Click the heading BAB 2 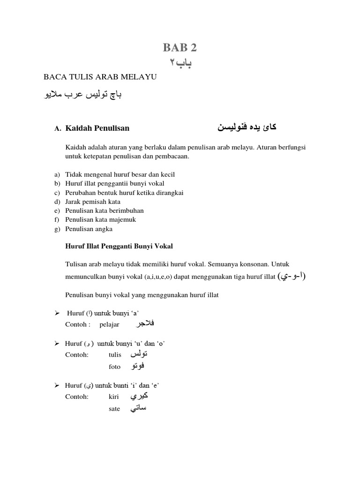tap(180, 47)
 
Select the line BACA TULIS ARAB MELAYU tap(99, 77)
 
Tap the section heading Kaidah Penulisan tap(97, 127)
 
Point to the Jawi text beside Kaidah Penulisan tap(244, 127)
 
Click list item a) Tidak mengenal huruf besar tap(120, 174)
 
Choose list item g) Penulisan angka tap(89, 229)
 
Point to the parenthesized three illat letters tap(292, 276)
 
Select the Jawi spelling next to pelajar tap(144, 324)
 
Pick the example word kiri tap(113, 397)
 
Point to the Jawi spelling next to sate tap(138, 408)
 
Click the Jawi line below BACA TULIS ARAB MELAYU tap(82, 95)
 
